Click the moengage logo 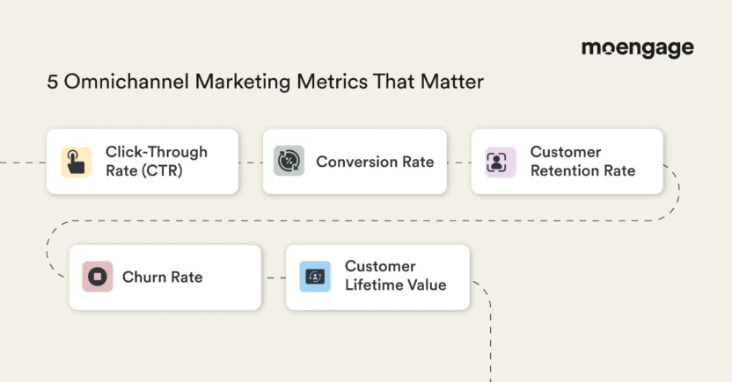click(x=638, y=48)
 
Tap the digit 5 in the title click(x=52, y=82)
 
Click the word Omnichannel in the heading click(x=127, y=82)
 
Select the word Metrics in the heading click(x=332, y=82)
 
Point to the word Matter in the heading click(x=452, y=82)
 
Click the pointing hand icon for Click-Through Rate click(x=76, y=162)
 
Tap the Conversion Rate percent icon click(x=289, y=161)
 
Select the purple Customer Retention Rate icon click(x=501, y=162)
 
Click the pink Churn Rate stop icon click(x=98, y=277)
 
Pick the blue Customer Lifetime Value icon click(x=315, y=277)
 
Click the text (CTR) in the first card click(x=163, y=171)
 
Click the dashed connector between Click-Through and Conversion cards click(x=251, y=162)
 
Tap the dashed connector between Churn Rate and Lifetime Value click(x=275, y=277)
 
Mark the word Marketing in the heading click(x=243, y=82)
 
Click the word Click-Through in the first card click(x=157, y=152)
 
